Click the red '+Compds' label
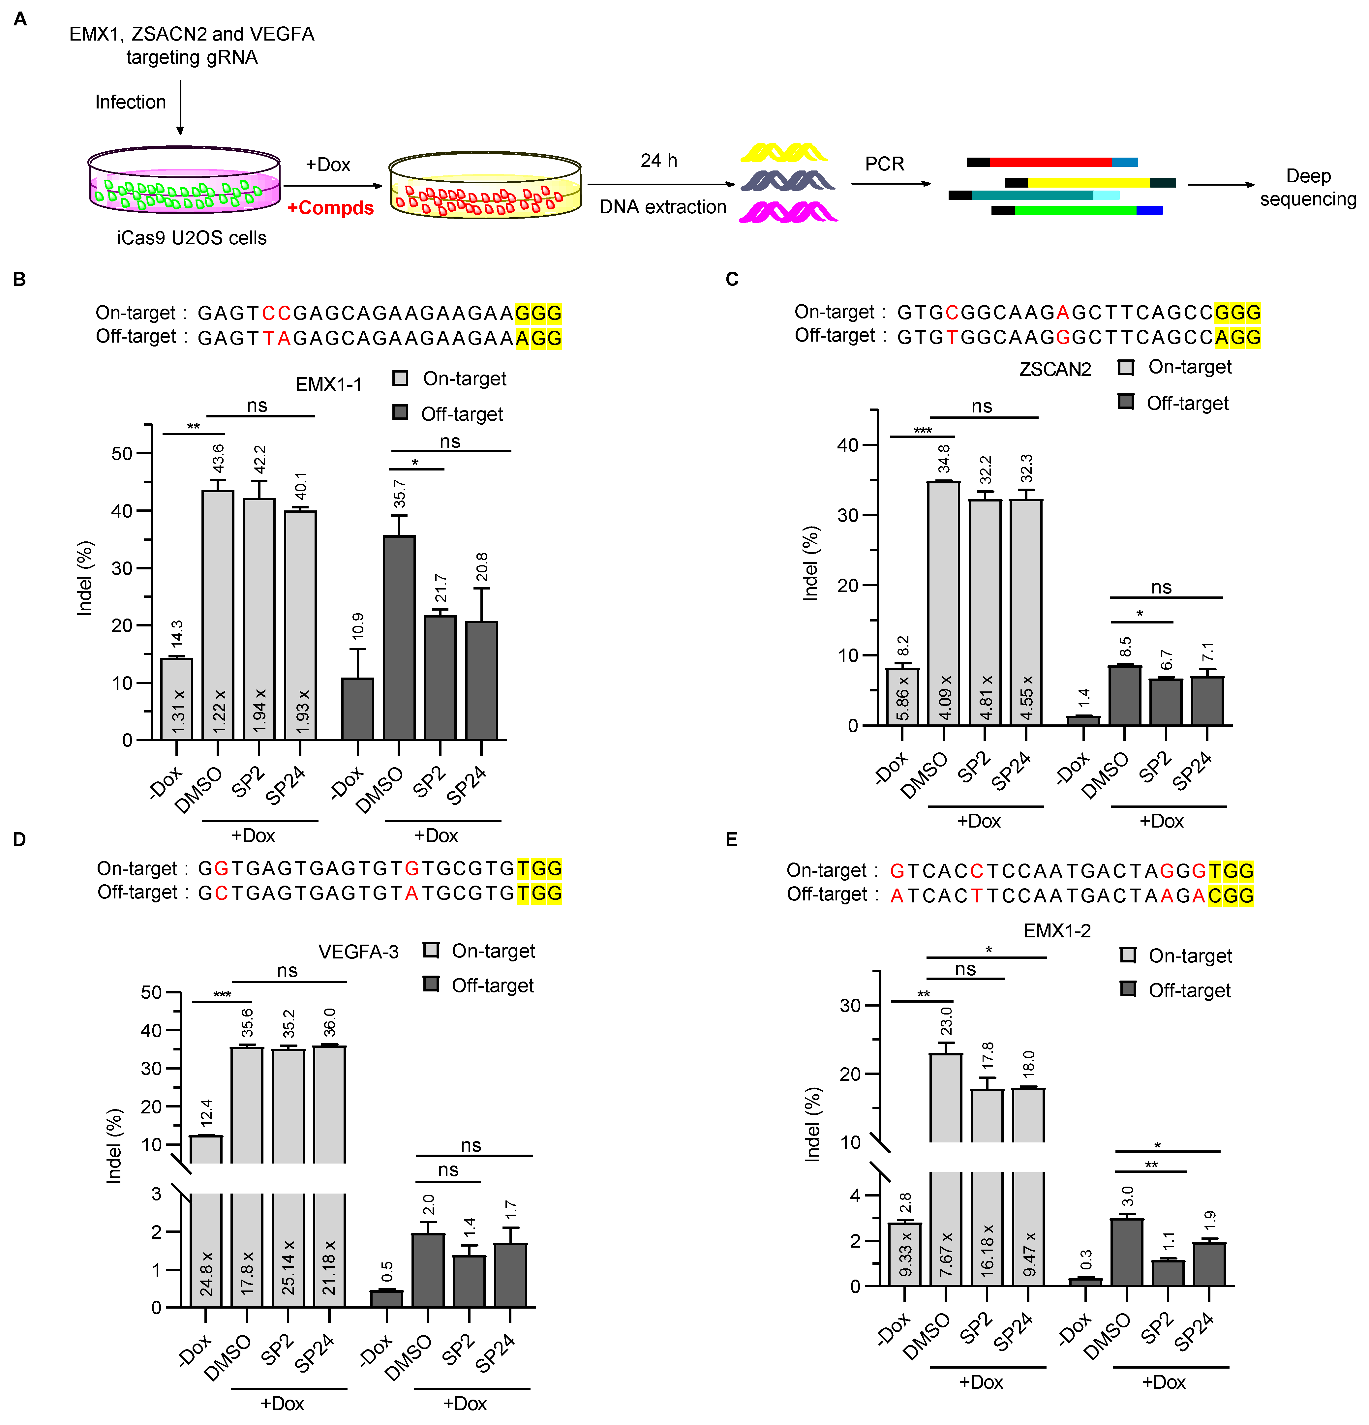click(330, 208)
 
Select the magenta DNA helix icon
click(788, 212)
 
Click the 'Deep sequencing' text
click(1308, 188)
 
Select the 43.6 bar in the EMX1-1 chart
click(217, 614)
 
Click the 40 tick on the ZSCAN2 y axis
click(848, 445)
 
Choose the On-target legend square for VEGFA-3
click(431, 950)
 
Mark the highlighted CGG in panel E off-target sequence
click(1231, 896)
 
